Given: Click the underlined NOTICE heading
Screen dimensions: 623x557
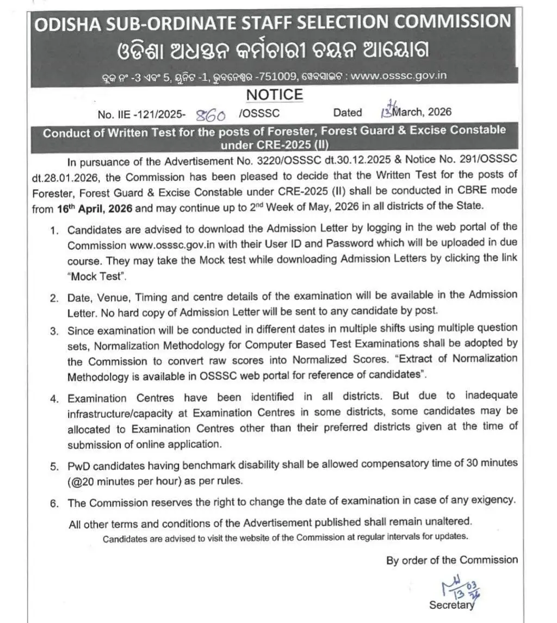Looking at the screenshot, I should click(274, 95).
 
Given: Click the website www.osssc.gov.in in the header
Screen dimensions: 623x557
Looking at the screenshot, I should click(399, 76).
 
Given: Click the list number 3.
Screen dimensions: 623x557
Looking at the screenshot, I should click(54, 331).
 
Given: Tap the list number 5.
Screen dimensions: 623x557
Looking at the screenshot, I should click(54, 466).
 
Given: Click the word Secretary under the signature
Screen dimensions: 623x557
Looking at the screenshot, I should click(451, 605).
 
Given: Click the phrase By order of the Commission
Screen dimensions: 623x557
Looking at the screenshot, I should click(452, 560).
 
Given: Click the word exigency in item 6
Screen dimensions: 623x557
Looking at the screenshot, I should click(492, 499).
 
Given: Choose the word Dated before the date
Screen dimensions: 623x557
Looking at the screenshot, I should click(348, 113).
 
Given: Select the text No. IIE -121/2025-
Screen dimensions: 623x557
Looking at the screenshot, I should click(141, 114).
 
